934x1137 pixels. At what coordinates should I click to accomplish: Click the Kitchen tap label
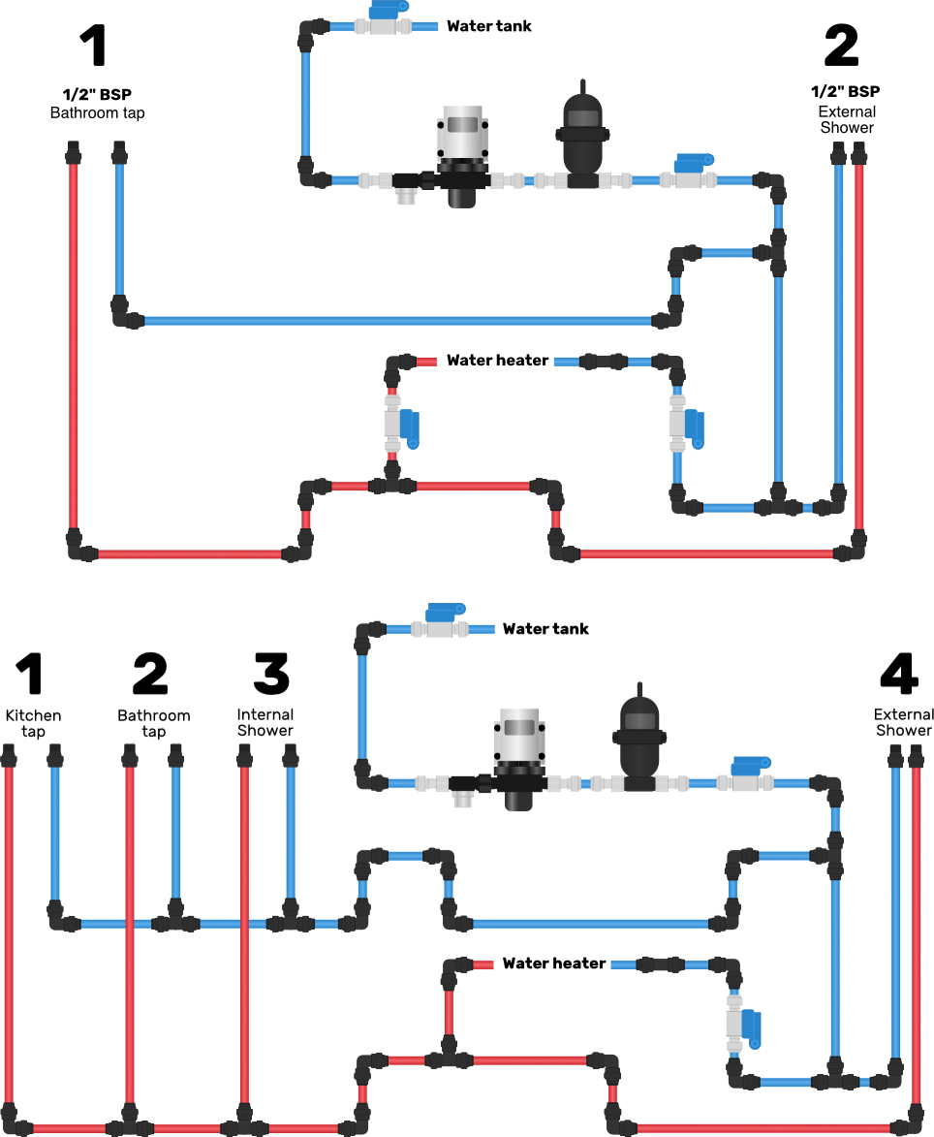pos(33,723)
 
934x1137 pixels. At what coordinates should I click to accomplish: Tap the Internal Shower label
pos(265,722)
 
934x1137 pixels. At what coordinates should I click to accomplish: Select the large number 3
pos(271,673)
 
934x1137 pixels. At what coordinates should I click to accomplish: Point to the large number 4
pos(899,673)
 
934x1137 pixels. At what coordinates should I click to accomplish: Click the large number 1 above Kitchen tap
pos(30,673)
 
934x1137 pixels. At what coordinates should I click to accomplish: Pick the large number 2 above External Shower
pos(842,46)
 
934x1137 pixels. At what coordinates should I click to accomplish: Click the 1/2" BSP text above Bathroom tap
pos(97,94)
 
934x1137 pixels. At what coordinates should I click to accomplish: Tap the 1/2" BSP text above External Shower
pos(846,91)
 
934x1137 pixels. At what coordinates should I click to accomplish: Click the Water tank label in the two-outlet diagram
pos(489,26)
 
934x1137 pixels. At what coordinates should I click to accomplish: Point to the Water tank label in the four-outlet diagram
pos(545,629)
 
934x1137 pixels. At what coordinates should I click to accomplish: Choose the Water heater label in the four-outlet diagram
pos(554,963)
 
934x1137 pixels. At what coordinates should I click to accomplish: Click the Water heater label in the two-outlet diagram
pos(498,361)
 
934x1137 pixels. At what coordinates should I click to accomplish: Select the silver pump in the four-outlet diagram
pos(518,759)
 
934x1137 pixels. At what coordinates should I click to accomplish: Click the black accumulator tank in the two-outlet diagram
pos(582,137)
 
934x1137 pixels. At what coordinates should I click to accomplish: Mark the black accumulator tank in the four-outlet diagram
pos(638,739)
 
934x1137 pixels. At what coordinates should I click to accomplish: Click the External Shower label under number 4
pos(904,722)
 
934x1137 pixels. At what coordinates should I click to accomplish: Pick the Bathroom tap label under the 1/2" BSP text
pos(97,113)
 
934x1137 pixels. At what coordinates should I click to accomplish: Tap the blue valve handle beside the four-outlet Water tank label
pos(445,612)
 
